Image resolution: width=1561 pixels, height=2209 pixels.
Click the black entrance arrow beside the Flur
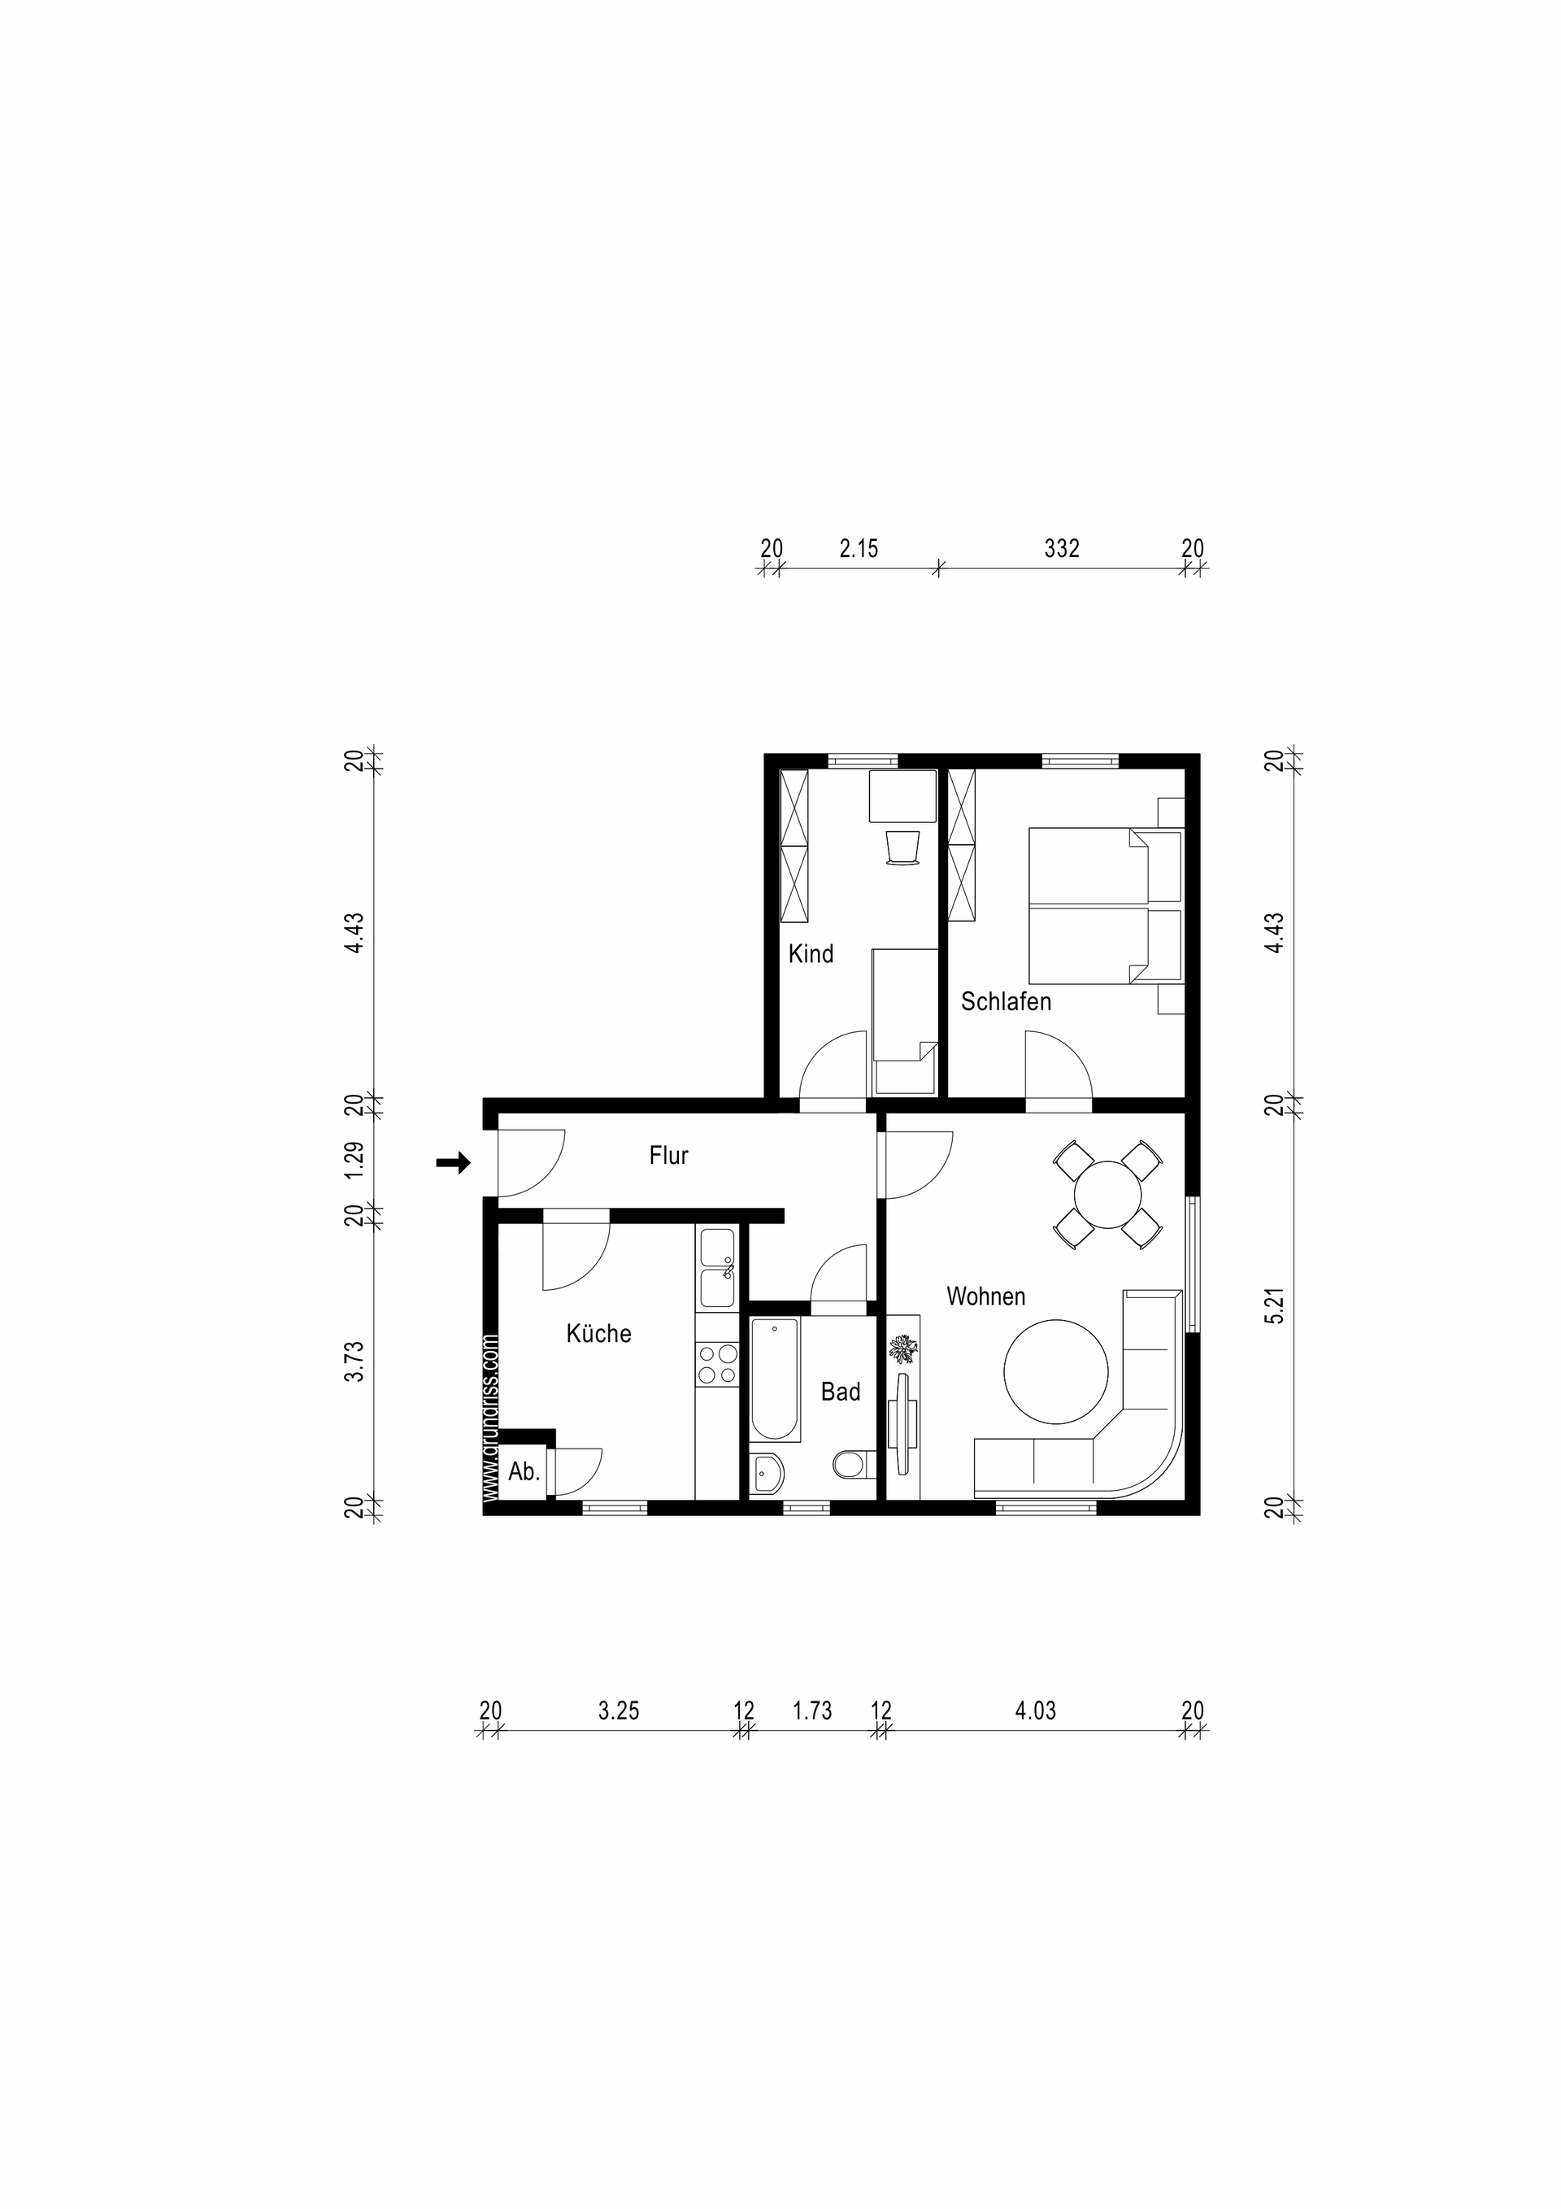pyautogui.click(x=453, y=1163)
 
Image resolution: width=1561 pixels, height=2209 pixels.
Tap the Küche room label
pyautogui.click(x=598, y=1334)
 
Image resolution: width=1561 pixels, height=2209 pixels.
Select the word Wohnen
pyautogui.click(x=986, y=1296)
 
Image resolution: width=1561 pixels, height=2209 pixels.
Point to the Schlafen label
pyautogui.click(x=1006, y=1000)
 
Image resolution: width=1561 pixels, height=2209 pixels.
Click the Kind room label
pyautogui.click(x=811, y=953)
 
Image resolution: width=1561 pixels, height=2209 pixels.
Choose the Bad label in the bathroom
pyautogui.click(x=841, y=1392)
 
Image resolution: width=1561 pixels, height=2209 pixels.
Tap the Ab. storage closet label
pyautogui.click(x=524, y=1471)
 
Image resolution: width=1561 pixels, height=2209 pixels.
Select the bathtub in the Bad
pyautogui.click(x=775, y=1379)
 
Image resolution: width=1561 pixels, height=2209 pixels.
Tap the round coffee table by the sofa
pyautogui.click(x=1056, y=1372)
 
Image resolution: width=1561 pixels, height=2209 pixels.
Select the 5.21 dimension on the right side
pyautogui.click(x=1274, y=1308)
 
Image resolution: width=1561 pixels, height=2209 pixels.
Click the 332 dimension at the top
pyautogui.click(x=1062, y=548)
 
